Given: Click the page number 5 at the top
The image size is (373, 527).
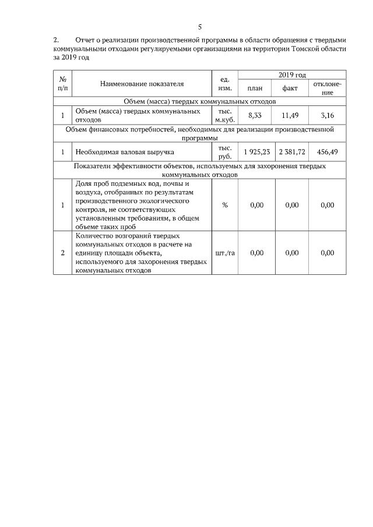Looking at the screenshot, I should tap(200, 27).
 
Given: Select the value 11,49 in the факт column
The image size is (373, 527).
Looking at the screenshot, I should tap(290, 115).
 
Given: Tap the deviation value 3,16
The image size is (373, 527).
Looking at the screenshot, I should tap(328, 115).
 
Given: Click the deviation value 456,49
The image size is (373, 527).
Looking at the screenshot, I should tap(328, 151).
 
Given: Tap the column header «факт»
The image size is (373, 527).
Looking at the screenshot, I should tap(290, 89).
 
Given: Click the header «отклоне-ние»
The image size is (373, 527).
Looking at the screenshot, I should tap(328, 89).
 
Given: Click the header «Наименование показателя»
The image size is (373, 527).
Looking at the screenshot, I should tap(142, 84).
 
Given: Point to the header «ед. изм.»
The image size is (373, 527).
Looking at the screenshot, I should tap(224, 84).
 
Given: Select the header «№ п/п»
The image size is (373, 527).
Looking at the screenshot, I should tap(63, 84).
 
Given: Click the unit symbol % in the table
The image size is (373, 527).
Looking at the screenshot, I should tap(224, 205).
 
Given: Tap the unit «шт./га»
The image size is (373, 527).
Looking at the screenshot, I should tap(225, 253).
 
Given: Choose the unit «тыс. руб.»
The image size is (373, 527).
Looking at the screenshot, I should tap(225, 151).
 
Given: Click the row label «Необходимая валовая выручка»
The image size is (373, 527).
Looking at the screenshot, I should tap(125, 152).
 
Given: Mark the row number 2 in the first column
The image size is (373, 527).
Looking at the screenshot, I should tap(63, 253).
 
